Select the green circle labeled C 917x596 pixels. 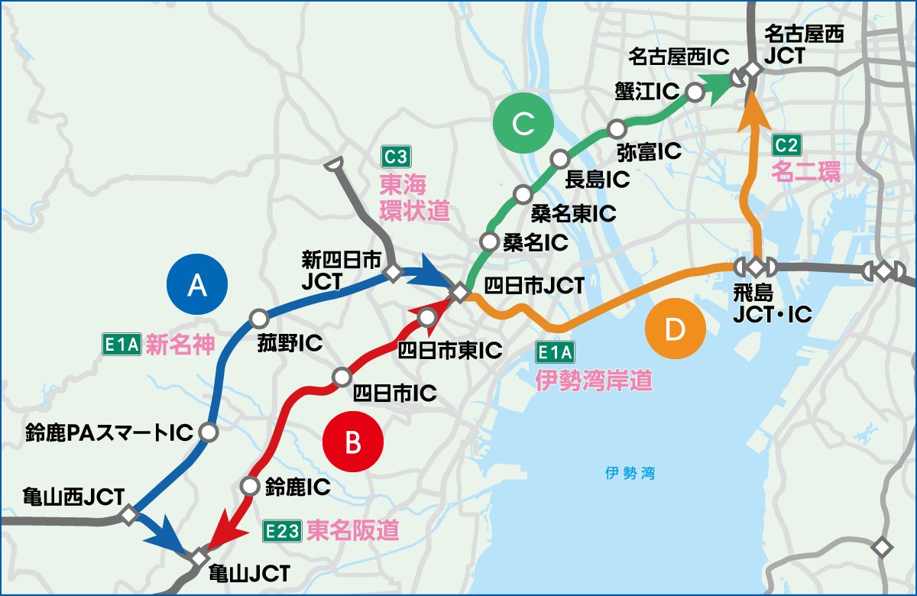click(x=523, y=124)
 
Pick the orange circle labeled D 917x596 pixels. click(x=674, y=329)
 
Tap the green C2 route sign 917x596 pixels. click(x=787, y=144)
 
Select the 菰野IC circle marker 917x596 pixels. click(x=258, y=317)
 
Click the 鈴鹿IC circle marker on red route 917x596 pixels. click(x=249, y=485)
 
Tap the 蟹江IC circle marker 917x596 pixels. click(x=695, y=92)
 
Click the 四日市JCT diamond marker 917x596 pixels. click(x=459, y=293)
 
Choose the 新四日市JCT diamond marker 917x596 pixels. click(x=393, y=272)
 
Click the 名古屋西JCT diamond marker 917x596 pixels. click(x=753, y=69)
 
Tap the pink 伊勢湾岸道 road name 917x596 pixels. click(x=593, y=380)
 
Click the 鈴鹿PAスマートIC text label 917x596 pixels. click(x=107, y=433)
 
